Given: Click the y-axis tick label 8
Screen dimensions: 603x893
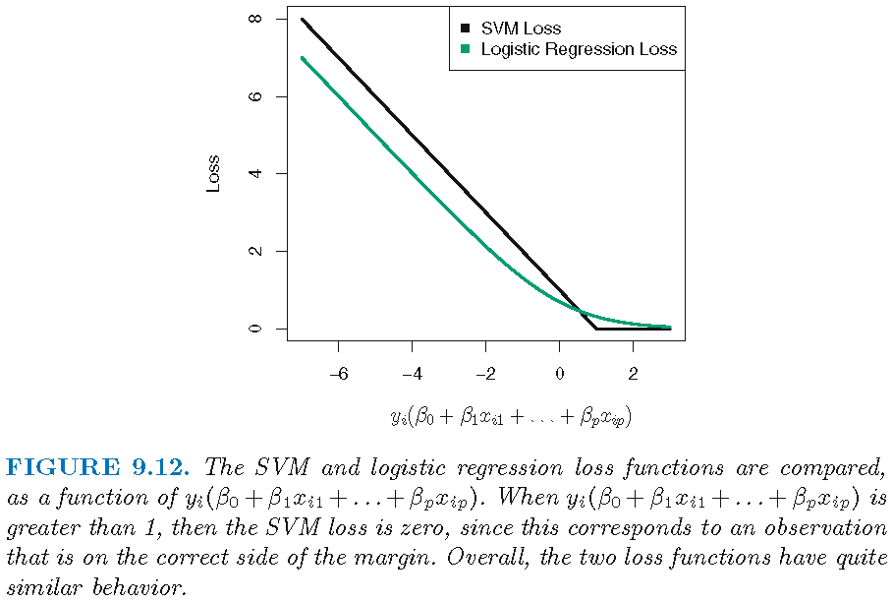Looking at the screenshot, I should (256, 19).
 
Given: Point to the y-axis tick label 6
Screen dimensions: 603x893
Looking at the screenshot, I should (256, 96).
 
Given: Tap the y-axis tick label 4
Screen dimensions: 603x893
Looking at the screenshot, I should (256, 174).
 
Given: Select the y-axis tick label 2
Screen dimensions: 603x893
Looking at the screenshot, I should (256, 251).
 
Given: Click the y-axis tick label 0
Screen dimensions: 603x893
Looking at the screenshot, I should (256, 329).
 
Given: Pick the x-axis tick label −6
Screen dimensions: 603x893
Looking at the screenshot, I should (338, 374).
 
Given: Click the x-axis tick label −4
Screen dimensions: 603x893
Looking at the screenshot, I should (412, 374).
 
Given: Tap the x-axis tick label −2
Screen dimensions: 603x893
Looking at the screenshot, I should (485, 374).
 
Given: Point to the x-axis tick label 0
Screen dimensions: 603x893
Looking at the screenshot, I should (559, 374).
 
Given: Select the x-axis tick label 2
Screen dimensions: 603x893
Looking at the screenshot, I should (633, 374).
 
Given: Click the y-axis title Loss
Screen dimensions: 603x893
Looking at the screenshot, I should (213, 174).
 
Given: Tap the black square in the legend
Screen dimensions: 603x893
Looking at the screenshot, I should (465, 29).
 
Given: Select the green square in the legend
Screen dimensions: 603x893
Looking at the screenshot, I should (465, 48).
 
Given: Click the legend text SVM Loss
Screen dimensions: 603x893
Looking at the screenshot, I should (521, 29).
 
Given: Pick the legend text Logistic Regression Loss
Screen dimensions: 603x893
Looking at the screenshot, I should (579, 48).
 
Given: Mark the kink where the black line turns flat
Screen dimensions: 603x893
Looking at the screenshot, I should (596, 329).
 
